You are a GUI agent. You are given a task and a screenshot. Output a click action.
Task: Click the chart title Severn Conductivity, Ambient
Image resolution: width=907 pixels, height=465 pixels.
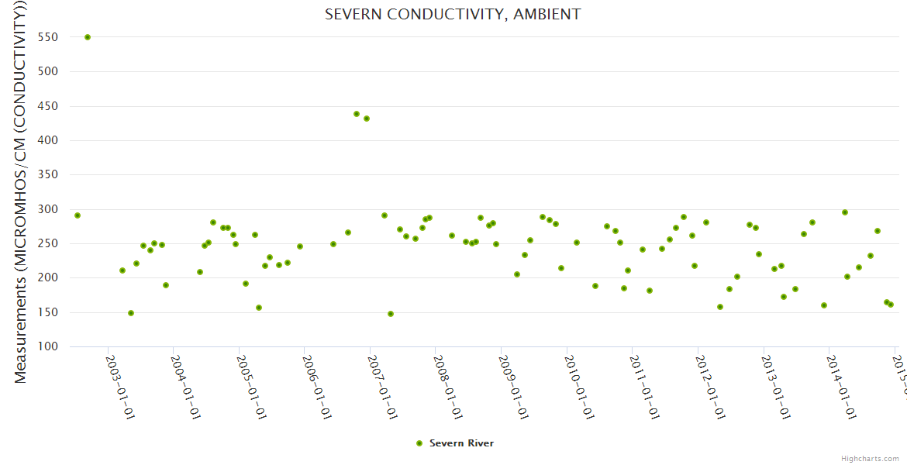tap(453, 15)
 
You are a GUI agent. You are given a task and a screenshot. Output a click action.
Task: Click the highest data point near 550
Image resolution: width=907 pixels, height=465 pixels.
tap(88, 37)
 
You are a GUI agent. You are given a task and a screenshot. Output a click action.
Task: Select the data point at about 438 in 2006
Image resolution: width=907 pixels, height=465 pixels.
tap(357, 114)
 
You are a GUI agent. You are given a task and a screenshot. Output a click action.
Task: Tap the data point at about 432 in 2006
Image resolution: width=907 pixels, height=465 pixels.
tap(367, 119)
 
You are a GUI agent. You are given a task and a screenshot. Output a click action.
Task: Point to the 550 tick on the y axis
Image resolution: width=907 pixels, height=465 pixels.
tap(48, 37)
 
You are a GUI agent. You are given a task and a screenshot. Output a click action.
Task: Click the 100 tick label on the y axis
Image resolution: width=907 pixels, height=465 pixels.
tap(48, 346)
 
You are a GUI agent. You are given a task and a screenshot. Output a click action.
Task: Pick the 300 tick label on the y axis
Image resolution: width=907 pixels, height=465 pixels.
tap(48, 209)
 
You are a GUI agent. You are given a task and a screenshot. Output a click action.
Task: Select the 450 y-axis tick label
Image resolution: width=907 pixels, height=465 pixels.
tap(48, 106)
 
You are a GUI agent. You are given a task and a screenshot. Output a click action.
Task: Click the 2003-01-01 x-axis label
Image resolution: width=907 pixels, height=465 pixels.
tap(121, 377)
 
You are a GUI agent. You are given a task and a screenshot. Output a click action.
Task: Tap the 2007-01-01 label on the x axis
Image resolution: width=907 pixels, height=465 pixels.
tap(382, 377)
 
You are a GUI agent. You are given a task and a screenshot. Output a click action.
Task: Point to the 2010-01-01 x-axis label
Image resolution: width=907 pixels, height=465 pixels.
tap(578, 377)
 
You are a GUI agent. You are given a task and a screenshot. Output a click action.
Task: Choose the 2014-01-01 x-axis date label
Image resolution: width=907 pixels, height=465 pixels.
tap(840, 377)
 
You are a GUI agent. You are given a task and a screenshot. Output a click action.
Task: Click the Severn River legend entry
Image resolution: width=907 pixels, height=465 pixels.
tap(461, 443)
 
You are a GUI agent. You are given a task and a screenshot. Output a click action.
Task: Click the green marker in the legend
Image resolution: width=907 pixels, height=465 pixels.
tap(419, 443)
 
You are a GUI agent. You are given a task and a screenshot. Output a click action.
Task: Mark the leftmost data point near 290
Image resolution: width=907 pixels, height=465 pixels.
tap(78, 215)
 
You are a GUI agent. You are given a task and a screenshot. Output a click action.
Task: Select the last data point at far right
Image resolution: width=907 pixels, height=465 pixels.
tap(891, 305)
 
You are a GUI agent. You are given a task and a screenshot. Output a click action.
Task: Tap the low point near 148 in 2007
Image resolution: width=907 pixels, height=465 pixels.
tap(391, 314)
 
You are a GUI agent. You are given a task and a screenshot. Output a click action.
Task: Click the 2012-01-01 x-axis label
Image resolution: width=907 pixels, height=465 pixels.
tap(709, 377)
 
